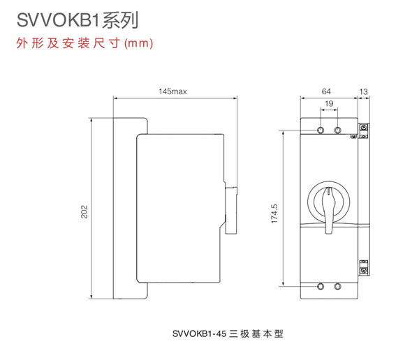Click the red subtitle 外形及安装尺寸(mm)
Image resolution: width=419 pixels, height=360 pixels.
click(x=84, y=43)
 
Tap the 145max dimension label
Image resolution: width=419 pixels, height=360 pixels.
click(x=172, y=91)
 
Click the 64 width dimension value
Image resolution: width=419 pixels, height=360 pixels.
click(x=326, y=91)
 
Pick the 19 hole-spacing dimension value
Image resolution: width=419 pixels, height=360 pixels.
click(x=329, y=104)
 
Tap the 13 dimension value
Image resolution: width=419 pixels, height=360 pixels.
click(x=363, y=91)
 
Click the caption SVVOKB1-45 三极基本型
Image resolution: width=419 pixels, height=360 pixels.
click(x=226, y=333)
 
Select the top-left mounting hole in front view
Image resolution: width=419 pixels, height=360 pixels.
click(x=321, y=130)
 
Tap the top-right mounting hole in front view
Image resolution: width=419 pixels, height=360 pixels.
click(x=337, y=130)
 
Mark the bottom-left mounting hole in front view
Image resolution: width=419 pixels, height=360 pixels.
click(x=321, y=286)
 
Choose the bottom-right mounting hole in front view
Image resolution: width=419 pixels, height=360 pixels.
click(x=337, y=286)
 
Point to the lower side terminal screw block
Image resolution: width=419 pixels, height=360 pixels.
click(x=364, y=267)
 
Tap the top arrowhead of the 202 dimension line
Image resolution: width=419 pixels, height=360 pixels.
click(x=91, y=121)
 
